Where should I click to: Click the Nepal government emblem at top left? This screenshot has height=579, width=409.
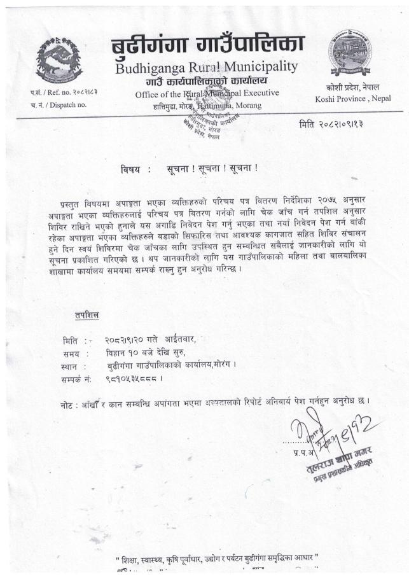[x=59, y=59]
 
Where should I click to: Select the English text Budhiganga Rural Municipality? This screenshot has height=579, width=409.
[x=206, y=67]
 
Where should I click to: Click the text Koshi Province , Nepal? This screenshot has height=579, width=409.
[x=353, y=99]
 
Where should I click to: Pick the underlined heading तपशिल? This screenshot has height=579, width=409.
[x=87, y=316]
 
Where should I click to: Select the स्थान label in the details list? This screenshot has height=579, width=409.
[x=74, y=366]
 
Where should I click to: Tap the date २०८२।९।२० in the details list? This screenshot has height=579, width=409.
[x=125, y=340]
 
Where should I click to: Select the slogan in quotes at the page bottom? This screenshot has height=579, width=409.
[x=217, y=560]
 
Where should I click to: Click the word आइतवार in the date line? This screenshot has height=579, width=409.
[x=180, y=340]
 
